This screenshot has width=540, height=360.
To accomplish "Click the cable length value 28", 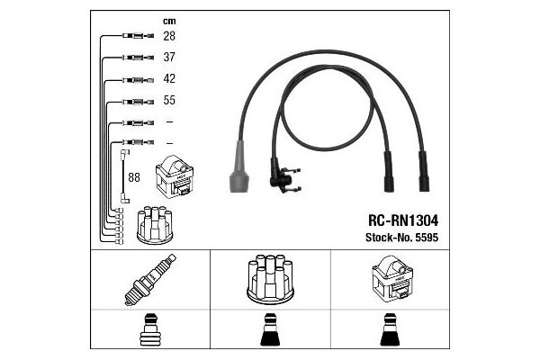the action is tap(169, 36).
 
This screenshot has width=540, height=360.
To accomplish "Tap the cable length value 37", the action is tap(169, 58).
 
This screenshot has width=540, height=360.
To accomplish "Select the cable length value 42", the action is tap(169, 78).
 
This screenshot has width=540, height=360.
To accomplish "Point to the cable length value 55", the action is tap(169, 100).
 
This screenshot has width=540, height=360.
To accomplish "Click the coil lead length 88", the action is tap(134, 177).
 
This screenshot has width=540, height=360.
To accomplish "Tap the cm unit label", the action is tap(169, 22).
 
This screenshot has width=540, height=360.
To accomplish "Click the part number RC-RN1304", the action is tap(403, 220).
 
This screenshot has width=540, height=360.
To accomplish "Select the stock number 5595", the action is tap(427, 238).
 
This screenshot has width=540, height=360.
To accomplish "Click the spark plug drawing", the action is tap(150, 280).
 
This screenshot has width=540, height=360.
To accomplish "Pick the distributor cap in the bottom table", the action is tap(270, 279).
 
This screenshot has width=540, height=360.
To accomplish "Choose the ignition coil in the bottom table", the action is tap(392, 277).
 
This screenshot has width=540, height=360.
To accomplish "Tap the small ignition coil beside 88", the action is tap(175, 176).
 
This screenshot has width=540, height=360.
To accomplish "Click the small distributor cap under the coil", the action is tap(155, 225).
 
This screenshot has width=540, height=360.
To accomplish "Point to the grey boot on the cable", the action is tap(239, 166).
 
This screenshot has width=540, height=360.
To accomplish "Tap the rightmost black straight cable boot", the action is tap(424, 172).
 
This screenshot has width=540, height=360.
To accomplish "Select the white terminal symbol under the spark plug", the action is tap(149, 329).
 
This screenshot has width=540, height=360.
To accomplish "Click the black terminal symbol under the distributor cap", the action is tap(270, 329).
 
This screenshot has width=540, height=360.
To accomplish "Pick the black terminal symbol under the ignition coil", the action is tap(390, 329).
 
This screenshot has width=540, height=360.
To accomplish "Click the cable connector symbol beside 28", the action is tap(138, 35).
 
